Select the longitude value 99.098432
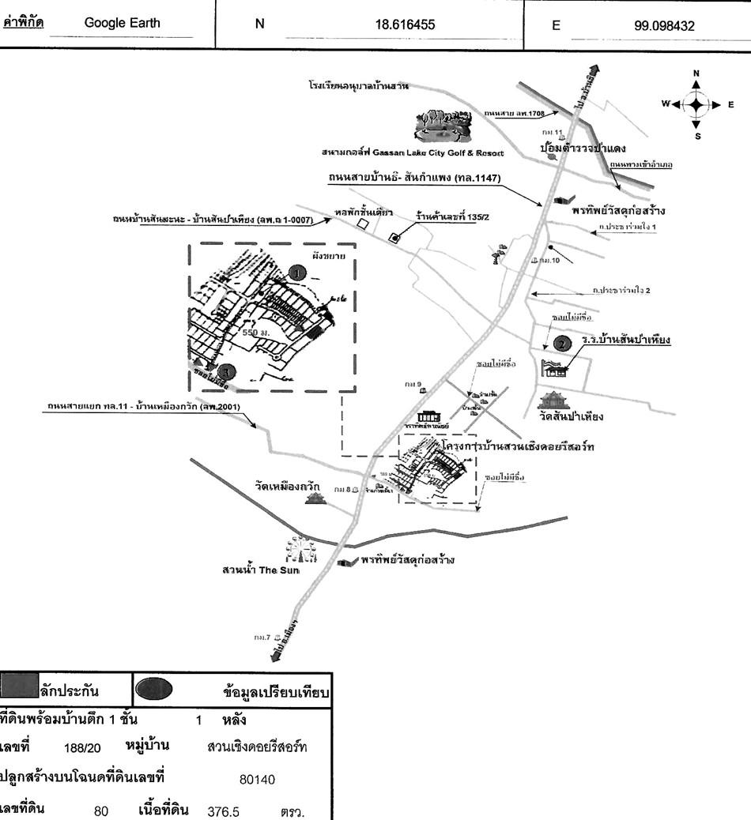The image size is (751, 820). tap(664, 25)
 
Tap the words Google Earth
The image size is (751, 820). tap(122, 23)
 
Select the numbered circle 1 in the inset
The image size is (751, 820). tap(296, 272)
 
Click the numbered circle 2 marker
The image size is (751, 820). tap(561, 344)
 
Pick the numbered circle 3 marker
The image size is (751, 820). tap(227, 370)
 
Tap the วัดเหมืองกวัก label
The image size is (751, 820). tap(287, 487)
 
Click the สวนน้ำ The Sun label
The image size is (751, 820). tap(261, 570)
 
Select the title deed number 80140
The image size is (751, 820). tap(257, 780)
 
